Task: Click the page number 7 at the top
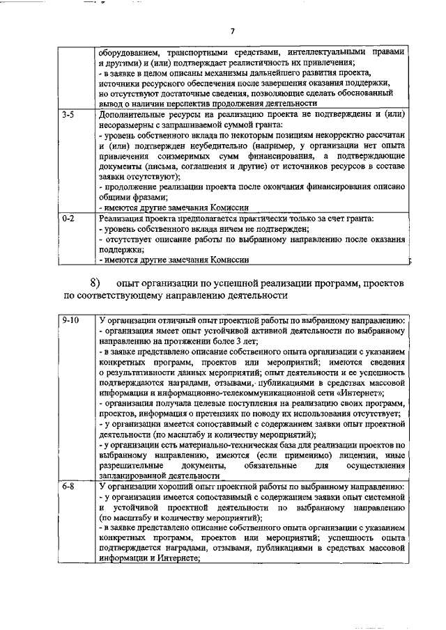click(233, 31)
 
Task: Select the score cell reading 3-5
click(68, 112)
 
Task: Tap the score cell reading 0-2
click(68, 219)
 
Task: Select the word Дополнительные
click(133, 112)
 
